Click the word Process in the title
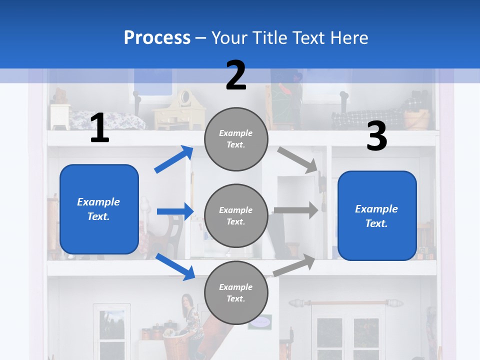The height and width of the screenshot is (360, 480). click(x=157, y=37)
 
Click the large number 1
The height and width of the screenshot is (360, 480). click(x=99, y=128)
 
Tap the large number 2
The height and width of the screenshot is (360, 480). click(x=236, y=75)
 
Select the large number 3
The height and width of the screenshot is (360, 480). click(x=376, y=136)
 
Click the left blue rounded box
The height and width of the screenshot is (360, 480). click(x=99, y=209)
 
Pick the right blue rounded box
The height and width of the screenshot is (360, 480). click(x=377, y=216)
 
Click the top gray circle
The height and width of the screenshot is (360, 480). click(x=236, y=138)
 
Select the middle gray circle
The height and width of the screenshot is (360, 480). click(x=236, y=215)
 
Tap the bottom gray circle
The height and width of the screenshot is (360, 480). click(x=236, y=292)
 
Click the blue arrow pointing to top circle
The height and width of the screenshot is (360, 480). click(x=173, y=159)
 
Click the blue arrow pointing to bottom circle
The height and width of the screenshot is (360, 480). click(x=175, y=266)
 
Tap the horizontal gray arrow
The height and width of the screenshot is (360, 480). click(x=295, y=210)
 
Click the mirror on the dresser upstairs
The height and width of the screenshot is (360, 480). click(x=184, y=97)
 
